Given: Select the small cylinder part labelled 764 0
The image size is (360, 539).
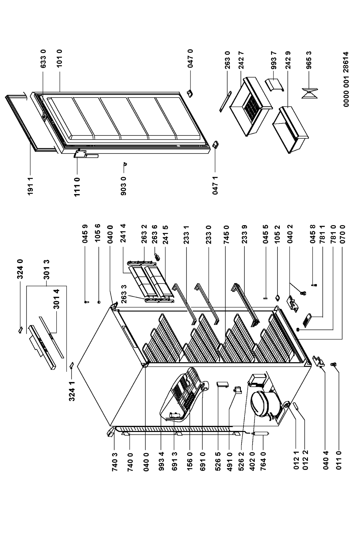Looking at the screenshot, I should [261, 434].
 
